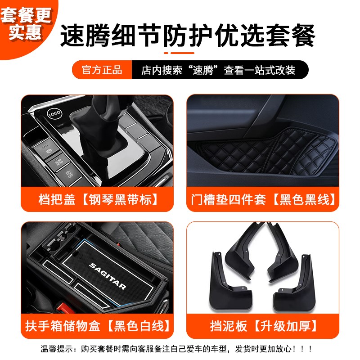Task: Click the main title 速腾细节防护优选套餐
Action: [188, 35]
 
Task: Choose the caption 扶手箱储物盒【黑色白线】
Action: [98, 325]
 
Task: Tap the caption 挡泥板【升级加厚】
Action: [262, 325]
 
